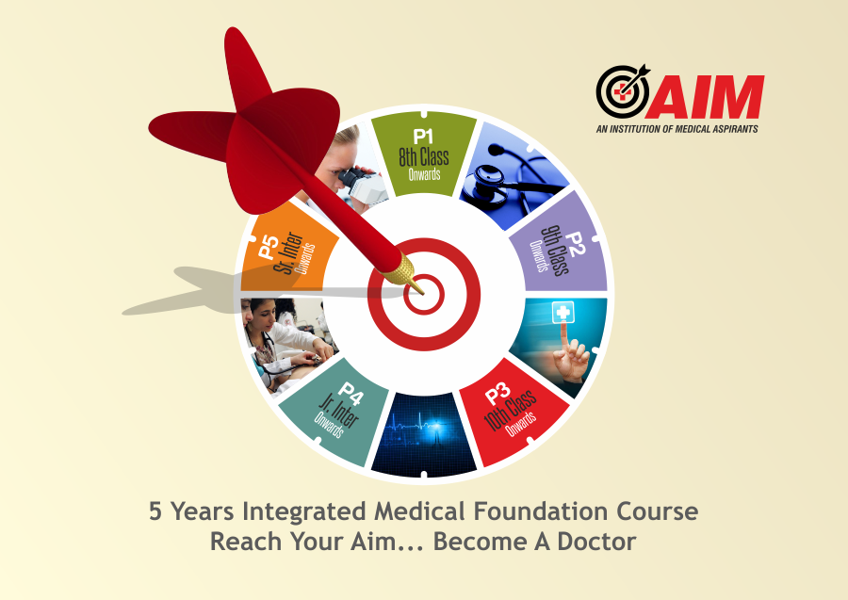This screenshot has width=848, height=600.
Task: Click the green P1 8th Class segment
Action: tap(423, 155)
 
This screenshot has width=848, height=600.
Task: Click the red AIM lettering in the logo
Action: tap(706, 97)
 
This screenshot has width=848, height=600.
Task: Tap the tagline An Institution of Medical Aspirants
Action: tap(677, 129)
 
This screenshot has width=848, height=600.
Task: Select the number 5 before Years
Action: tap(155, 511)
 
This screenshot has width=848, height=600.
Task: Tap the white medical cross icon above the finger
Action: tap(563, 313)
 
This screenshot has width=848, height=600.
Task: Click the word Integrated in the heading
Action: tap(304, 511)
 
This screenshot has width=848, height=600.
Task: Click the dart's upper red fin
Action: tap(246, 68)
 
